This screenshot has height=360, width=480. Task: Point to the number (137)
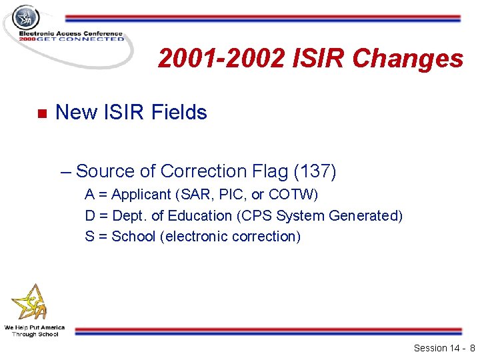(x=315, y=171)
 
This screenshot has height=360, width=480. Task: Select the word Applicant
(x=141, y=195)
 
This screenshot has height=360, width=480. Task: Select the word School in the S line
(x=134, y=236)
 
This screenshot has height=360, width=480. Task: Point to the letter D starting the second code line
(x=89, y=215)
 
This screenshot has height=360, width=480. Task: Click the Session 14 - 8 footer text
(x=444, y=348)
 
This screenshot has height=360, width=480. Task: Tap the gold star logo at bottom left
(x=29, y=303)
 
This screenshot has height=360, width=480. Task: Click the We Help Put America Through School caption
(x=34, y=331)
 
